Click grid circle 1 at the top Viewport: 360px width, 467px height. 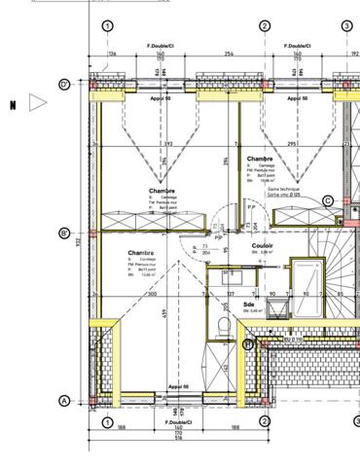pos(107,26)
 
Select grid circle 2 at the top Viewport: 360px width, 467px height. pos(264,26)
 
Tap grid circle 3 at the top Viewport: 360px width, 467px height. pos(346,26)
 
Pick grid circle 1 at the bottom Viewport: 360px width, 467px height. pos(107,420)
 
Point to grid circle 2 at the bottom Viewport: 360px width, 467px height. pos(264,420)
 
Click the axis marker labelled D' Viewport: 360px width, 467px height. pos(64,85)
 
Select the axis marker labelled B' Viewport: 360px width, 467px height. pos(64,233)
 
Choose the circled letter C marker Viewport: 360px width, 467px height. pos(328,200)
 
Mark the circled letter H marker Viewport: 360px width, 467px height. pos(247,343)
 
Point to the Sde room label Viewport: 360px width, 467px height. pos(223,305)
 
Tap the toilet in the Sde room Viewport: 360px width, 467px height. pos(224,326)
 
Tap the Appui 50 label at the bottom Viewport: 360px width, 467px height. pos(178,386)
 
